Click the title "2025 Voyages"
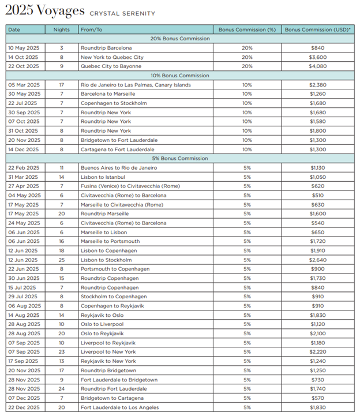(44, 11)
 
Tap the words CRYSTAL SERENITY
(122, 13)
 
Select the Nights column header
(62, 29)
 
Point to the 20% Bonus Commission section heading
(180, 38)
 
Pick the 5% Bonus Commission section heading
(180, 158)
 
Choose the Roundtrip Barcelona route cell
(106, 47)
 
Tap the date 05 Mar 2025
(23, 84)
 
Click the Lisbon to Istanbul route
(103, 177)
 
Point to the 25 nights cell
(62, 260)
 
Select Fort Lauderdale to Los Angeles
(118, 407)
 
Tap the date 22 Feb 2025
(23, 167)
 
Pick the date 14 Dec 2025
(23, 149)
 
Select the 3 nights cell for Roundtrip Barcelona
(62, 47)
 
